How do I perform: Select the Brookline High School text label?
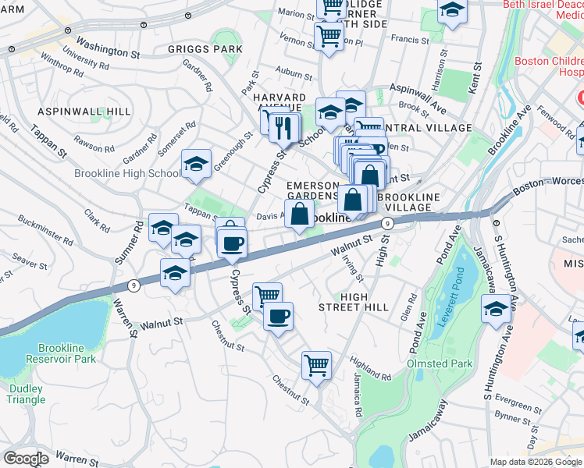click(127, 173)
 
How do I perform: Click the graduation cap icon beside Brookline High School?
click(195, 164)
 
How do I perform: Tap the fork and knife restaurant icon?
click(285, 126)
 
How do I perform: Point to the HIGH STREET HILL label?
click(365, 302)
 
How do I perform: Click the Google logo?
click(27, 458)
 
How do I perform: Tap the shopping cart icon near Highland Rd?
click(316, 365)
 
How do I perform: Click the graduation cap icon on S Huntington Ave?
click(496, 310)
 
